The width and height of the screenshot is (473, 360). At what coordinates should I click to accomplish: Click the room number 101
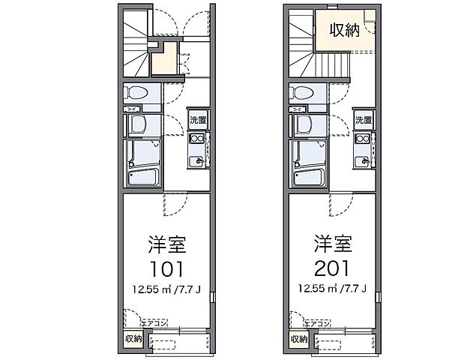coord(167,269)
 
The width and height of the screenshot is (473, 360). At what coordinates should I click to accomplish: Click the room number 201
coord(333,269)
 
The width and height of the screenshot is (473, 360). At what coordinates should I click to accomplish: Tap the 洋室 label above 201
coord(333,244)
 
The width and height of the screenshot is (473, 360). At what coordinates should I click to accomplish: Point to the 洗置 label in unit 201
coord(363,121)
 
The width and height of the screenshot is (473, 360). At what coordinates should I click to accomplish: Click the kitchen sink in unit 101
coord(197,158)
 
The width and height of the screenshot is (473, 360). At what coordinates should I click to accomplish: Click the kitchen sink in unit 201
coord(363,158)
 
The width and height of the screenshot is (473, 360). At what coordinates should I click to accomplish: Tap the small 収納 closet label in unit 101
coord(132,339)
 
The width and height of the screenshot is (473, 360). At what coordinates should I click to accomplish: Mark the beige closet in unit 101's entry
coord(165,60)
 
